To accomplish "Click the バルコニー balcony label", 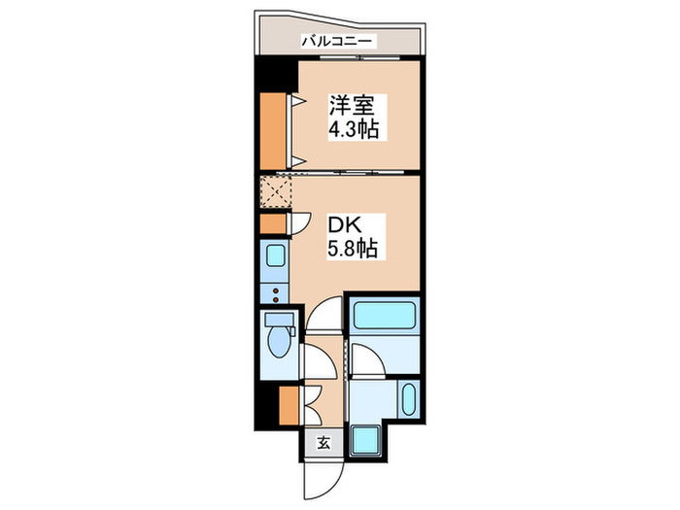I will coord(337,41).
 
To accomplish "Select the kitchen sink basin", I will coord(274,258).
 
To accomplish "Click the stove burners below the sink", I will coord(274,292).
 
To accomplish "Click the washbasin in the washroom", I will coord(409,398).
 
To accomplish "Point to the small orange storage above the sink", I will coord(273,222).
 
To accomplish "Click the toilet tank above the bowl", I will coord(278,322).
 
